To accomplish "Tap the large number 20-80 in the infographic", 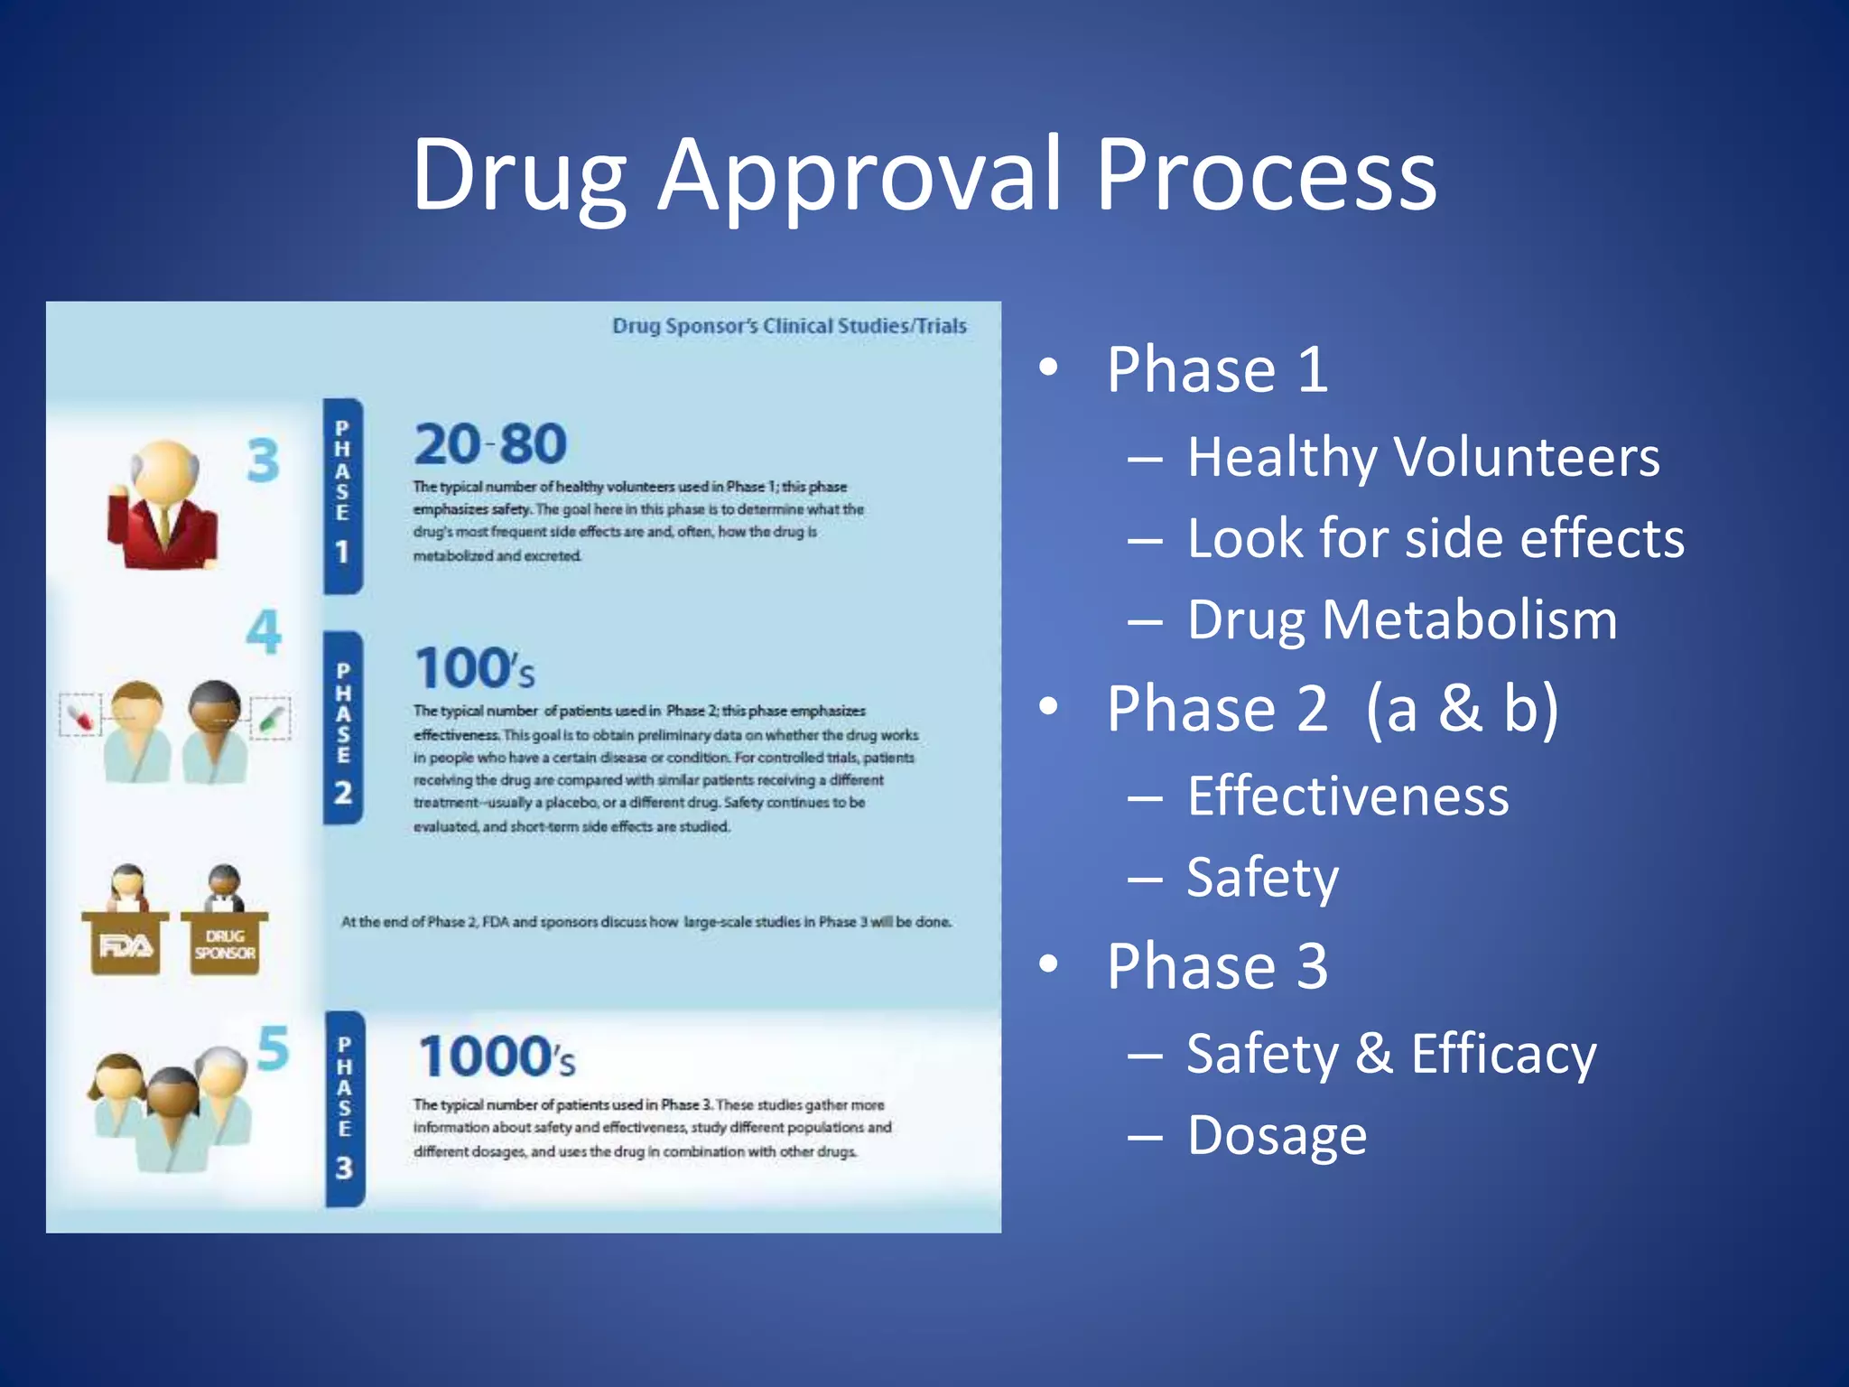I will (490, 444).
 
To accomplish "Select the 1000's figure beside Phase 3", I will (497, 1057).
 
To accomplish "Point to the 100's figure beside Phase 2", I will (475, 668).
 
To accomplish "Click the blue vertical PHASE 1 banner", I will (343, 496).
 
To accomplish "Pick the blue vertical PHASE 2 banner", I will (343, 728).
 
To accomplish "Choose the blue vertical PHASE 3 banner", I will (345, 1109).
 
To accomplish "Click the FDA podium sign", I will (125, 945).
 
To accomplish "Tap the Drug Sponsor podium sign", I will (225, 945).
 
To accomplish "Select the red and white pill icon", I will (80, 716).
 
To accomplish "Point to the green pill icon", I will (270, 718).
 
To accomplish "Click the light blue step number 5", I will (273, 1048).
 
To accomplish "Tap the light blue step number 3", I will (263, 461).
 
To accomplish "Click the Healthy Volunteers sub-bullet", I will (1422, 457).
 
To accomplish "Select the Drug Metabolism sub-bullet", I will (1401, 620).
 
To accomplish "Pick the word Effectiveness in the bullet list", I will (1347, 796).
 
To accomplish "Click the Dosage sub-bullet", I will (1276, 1135).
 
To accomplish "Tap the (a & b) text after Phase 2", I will (1462, 709).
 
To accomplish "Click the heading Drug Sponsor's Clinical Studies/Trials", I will (789, 326).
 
